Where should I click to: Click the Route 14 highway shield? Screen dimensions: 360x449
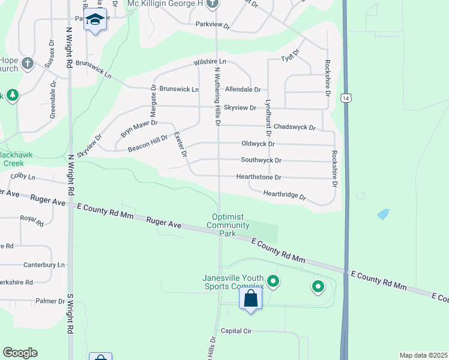pyautogui.click(x=345, y=98)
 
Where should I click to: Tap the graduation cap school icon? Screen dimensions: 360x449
pyautogui.click(x=95, y=20)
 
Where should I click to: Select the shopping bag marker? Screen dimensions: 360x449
pyautogui.click(x=251, y=298)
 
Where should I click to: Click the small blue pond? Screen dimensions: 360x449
pyautogui.click(x=382, y=214)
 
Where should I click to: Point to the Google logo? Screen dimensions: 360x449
pyautogui.click(x=20, y=353)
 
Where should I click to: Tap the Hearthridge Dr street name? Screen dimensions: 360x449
pyautogui.click(x=285, y=195)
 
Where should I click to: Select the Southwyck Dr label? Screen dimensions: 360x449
pyautogui.click(x=261, y=161)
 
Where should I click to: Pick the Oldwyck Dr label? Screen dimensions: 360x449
pyautogui.click(x=258, y=144)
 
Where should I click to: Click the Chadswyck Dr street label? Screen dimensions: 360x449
pyautogui.click(x=294, y=127)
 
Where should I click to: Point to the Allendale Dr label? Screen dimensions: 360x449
pyautogui.click(x=243, y=89)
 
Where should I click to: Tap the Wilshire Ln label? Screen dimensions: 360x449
pyautogui.click(x=209, y=62)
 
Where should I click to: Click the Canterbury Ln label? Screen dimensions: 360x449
pyautogui.click(x=43, y=265)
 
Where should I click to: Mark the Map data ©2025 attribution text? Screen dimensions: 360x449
pyautogui.click(x=423, y=355)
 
